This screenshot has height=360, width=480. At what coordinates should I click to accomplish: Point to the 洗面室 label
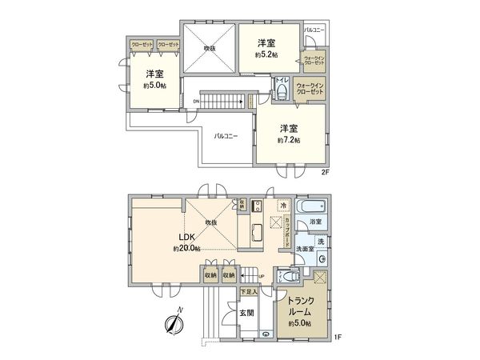pyautogui.click(x=305, y=249)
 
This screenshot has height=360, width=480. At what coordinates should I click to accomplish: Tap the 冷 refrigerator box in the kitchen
pyautogui.click(x=284, y=206)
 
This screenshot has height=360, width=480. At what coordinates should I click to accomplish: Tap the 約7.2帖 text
pyautogui.click(x=290, y=140)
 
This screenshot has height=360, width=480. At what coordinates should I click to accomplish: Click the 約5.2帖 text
pyautogui.click(x=266, y=54)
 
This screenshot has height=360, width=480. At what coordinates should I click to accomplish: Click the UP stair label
pyautogui.click(x=261, y=277)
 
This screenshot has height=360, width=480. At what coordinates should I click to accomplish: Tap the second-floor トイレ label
pyautogui.click(x=282, y=81)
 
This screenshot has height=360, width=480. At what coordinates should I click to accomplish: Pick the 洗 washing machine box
pyautogui.click(x=320, y=242)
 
